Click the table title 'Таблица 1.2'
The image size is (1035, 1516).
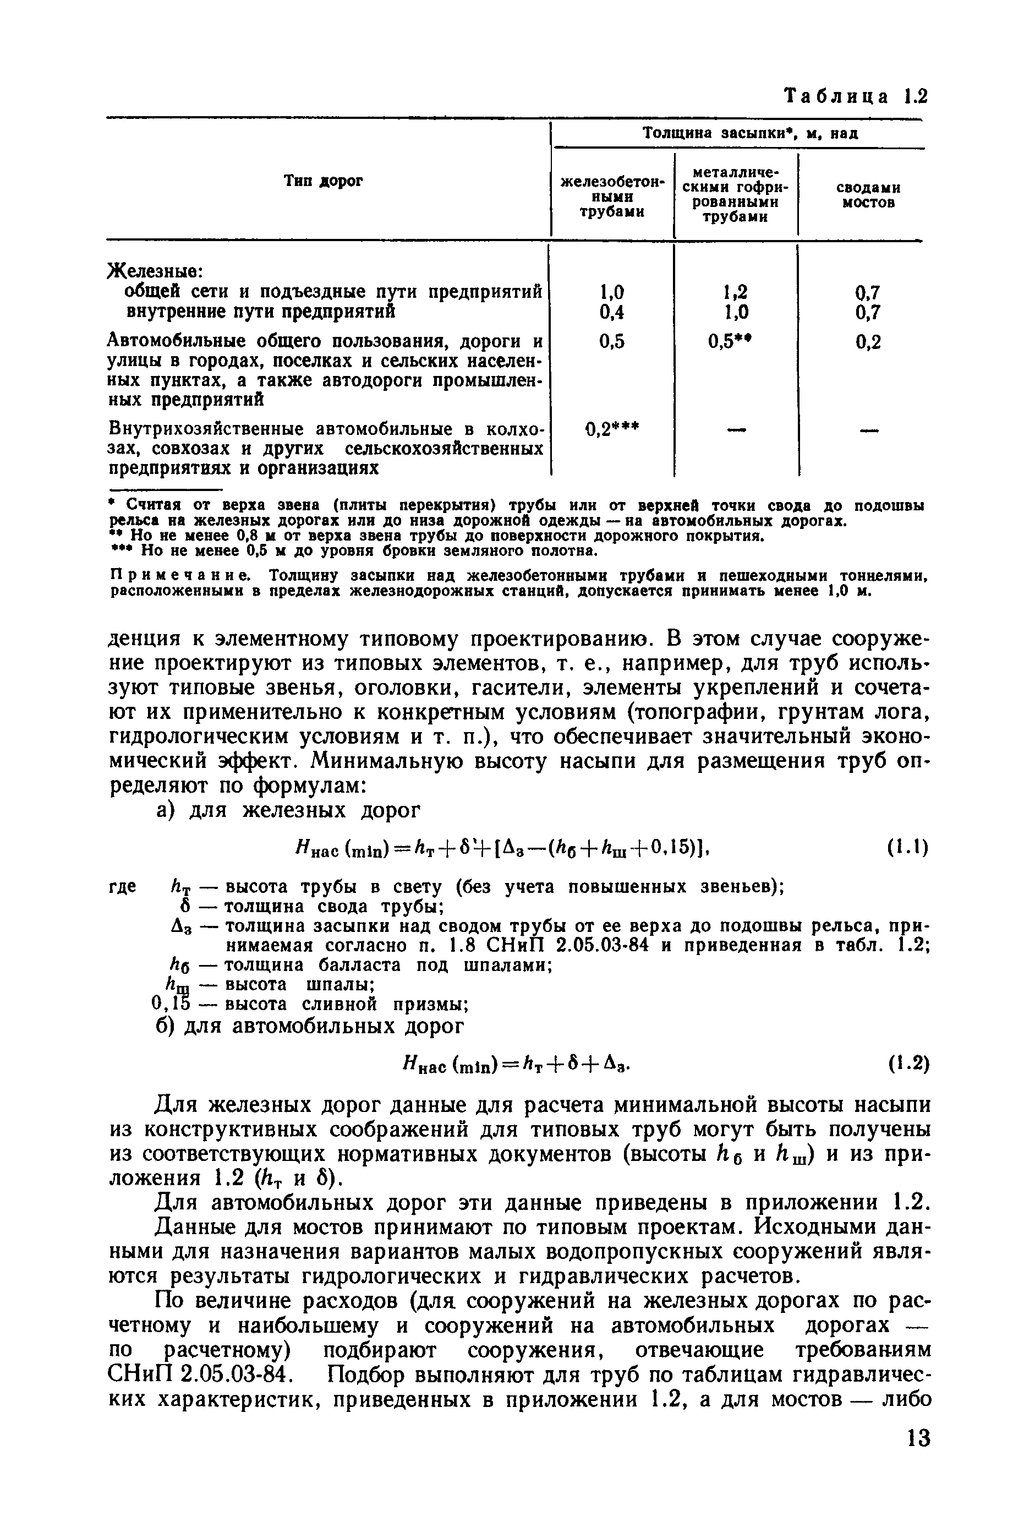click(x=855, y=96)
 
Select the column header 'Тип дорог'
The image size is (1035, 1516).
click(x=324, y=181)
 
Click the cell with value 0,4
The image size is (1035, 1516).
click(x=611, y=313)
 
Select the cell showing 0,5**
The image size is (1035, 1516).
click(x=736, y=341)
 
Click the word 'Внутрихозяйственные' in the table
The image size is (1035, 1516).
click(x=207, y=430)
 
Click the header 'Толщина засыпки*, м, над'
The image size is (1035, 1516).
click(x=749, y=134)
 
